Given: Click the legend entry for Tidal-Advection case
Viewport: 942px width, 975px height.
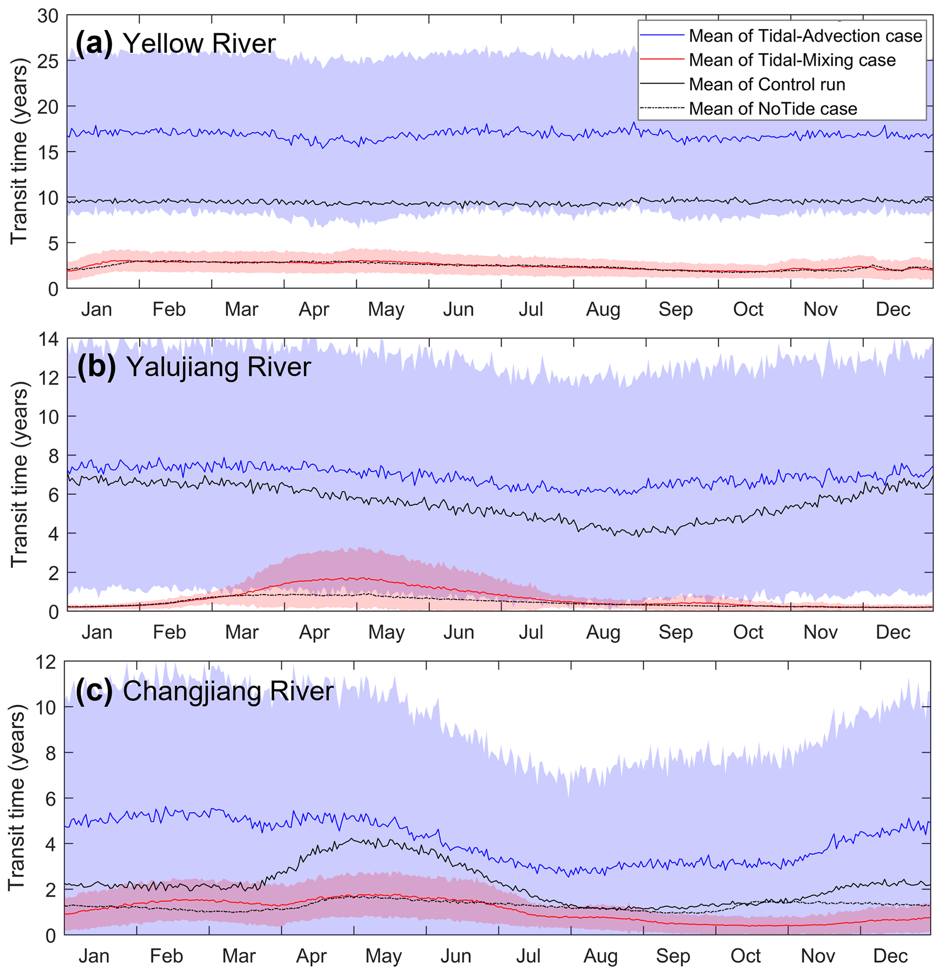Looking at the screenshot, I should (x=805, y=36).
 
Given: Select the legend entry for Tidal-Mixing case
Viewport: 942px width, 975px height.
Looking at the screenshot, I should (x=792, y=60).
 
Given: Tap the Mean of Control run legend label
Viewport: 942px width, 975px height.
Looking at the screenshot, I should (x=767, y=85).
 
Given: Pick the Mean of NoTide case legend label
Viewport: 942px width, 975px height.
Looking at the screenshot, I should (x=773, y=109).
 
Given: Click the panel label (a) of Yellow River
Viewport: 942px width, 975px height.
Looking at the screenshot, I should (x=94, y=43).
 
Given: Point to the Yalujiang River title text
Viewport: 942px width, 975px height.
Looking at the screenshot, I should (x=219, y=367).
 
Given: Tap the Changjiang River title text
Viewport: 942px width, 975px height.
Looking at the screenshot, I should (x=228, y=692).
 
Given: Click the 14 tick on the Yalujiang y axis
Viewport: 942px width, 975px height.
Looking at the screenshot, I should (x=48, y=339).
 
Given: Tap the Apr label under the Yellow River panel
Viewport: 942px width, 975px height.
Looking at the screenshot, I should (x=314, y=309).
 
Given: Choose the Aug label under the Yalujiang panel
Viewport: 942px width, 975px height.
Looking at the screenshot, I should (x=603, y=632).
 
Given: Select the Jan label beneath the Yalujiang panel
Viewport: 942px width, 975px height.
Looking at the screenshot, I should (x=97, y=632).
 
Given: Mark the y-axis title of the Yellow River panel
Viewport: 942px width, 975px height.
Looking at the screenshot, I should (x=19, y=151).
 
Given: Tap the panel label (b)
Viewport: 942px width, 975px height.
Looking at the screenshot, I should (x=97, y=367).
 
